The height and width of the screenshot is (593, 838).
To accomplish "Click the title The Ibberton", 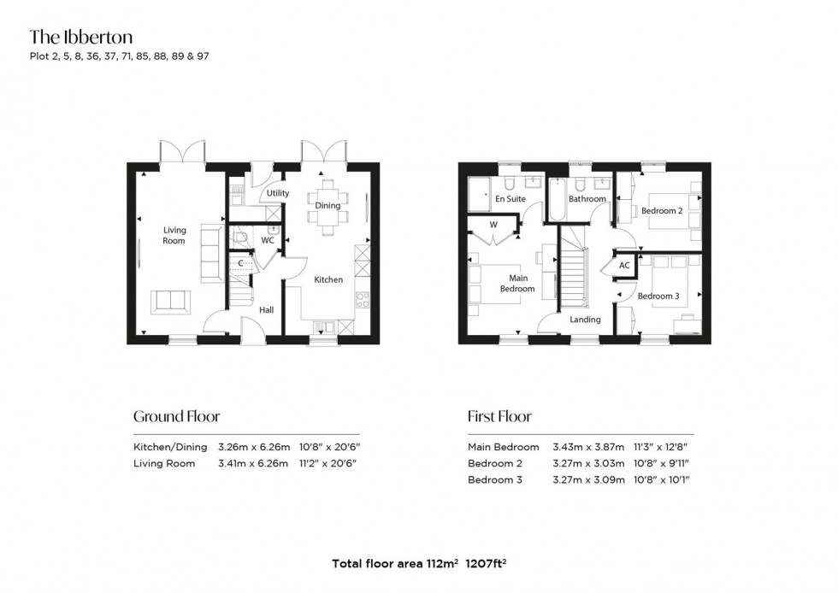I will coord(81,37).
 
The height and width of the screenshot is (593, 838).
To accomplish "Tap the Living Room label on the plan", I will coord(174,235).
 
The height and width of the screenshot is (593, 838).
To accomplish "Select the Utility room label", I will coord(278,193).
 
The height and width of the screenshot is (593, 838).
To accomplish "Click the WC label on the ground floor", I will coord(268,241).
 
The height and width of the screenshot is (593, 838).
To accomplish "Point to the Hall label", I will coord(267,310).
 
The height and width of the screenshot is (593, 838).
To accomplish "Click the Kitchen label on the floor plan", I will coord(328,279).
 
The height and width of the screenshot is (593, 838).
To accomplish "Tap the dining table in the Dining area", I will coord(328,206).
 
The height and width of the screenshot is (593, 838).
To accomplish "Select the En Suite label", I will coord(510,199).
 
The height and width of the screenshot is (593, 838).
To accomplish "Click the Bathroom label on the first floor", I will coord(587,199).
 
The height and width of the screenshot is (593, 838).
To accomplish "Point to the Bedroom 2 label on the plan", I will coord(661,211).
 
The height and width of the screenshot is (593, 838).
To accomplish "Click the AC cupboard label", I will coord(624,266).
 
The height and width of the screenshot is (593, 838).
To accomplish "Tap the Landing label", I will coord(586,320).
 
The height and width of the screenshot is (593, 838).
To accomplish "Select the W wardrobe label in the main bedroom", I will coord(493,226).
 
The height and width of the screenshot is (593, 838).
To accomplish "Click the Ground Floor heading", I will coord(176,417).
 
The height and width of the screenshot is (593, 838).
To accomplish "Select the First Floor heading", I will coord(499,417).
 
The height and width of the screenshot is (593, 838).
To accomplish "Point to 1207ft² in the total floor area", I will coord(487,563).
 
